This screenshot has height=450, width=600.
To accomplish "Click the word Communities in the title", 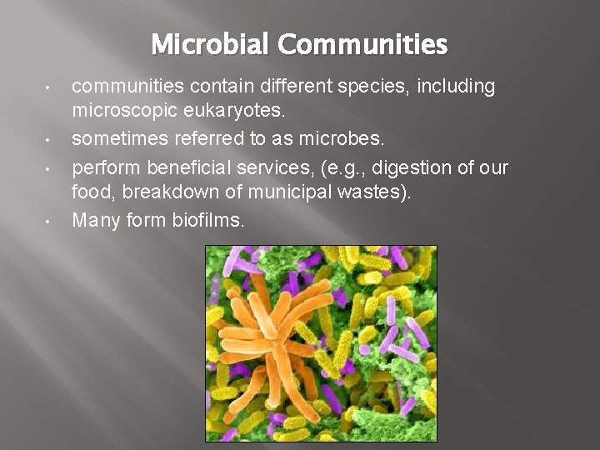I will coord(363,43).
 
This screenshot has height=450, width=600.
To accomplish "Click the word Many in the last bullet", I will coord(95,221).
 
